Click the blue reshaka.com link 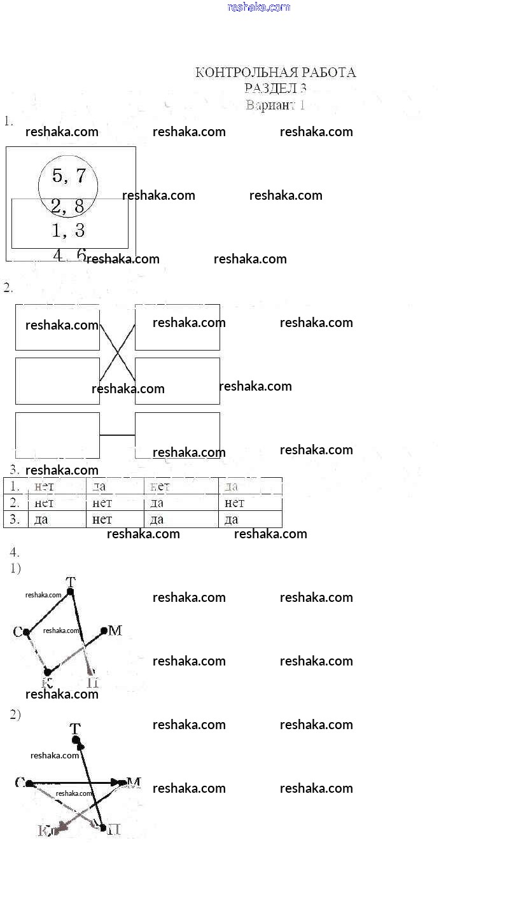[258, 7]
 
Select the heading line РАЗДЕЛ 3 [275, 88]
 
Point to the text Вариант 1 [275, 105]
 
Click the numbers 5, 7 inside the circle [69, 176]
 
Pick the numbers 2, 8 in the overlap [67, 206]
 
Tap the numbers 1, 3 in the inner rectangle [68, 229]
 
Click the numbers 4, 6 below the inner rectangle [69, 255]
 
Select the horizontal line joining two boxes [117, 435]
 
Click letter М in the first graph [115, 631]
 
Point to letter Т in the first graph [71, 581]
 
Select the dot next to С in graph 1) [27, 632]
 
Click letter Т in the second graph [76, 728]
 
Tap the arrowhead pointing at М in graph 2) [119, 782]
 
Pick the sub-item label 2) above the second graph [15, 714]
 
